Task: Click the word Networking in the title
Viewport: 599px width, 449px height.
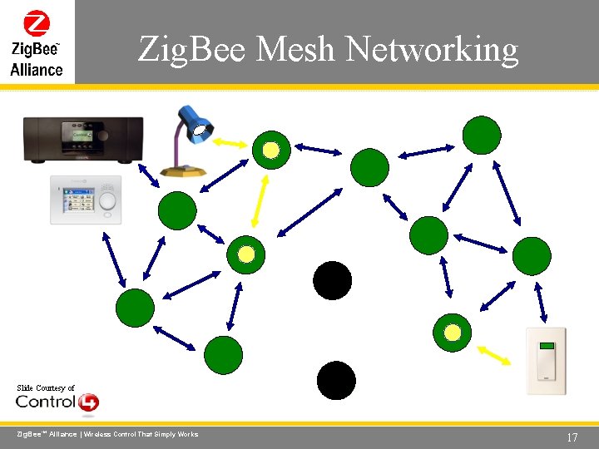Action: click(432, 50)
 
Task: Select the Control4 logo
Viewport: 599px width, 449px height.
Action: click(57, 402)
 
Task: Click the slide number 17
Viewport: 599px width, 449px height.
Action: click(571, 437)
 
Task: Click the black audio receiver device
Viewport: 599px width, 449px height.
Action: click(83, 139)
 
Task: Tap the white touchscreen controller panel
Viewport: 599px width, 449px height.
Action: click(86, 200)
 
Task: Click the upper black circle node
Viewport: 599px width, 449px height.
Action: click(332, 280)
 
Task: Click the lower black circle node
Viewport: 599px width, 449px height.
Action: click(336, 381)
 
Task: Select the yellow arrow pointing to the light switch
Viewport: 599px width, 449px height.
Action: click(495, 355)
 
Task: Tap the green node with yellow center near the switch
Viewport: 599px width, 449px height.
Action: click(452, 333)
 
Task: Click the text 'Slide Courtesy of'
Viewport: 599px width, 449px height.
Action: click(46, 388)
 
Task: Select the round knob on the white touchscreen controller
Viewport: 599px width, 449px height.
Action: click(107, 201)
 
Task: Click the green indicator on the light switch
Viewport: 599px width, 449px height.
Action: click(547, 347)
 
